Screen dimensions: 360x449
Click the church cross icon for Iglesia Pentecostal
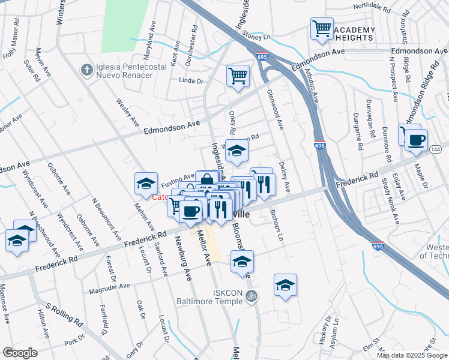tap(86, 70)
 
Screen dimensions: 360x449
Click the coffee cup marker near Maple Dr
tap(415, 140)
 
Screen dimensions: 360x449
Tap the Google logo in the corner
tap(20, 353)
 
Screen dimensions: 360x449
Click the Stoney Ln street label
tap(257, 36)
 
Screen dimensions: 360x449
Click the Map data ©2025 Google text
tap(412, 355)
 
